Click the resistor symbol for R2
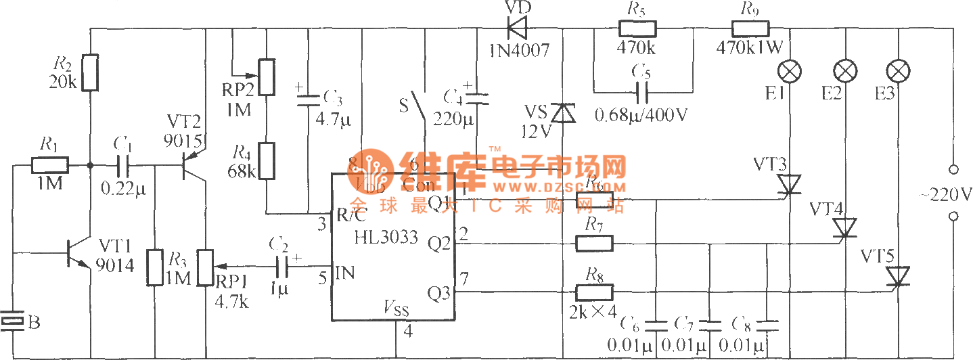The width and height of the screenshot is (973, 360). (x=90, y=72)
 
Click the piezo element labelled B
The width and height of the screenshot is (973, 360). (x=13, y=320)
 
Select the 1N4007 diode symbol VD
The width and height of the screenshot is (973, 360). (x=518, y=29)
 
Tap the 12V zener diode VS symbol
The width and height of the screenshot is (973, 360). (x=562, y=113)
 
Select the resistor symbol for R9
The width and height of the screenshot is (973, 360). (x=750, y=29)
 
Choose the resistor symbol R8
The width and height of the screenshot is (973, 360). (x=594, y=292)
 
